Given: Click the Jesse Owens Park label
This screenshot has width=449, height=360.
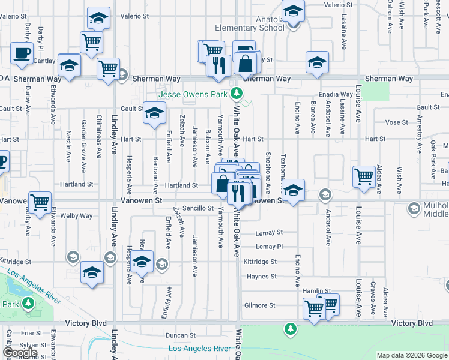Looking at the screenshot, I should coord(193,94).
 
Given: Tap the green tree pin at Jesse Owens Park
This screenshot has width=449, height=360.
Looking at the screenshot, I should coord(237,94).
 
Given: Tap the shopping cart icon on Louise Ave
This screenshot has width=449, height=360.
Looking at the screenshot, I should coord(364,176).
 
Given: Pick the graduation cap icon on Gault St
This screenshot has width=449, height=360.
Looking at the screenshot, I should coord(154,112).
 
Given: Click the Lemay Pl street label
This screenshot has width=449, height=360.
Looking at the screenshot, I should coord(269,247).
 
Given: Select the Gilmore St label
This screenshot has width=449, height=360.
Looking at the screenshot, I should coord(260,305).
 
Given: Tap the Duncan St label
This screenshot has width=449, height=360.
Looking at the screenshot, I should coord(181,335).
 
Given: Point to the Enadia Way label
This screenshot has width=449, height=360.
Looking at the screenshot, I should coord(336,94).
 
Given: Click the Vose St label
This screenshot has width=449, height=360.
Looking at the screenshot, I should coord(396,122).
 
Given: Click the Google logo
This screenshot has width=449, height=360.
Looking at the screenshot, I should coord(20,353).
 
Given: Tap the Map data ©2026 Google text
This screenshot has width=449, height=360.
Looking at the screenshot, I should coord(412,355).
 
